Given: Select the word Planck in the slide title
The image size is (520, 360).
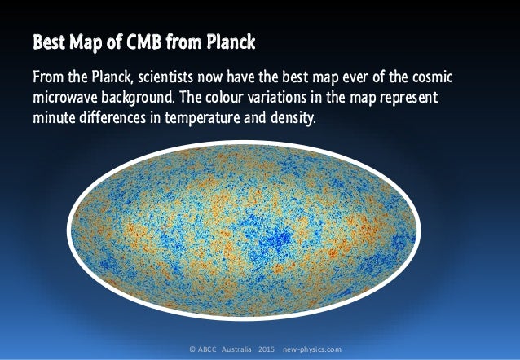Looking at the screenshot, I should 236,40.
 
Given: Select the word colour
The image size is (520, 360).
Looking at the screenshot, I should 245,98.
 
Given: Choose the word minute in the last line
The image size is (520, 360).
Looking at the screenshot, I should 55,117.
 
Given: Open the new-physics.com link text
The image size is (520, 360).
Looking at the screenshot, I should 312,349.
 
